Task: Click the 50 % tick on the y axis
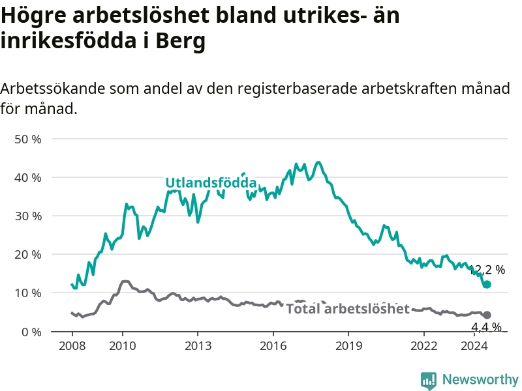(x=28, y=139)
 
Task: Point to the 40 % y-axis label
(x=28, y=177)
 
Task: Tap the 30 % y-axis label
(x=28, y=216)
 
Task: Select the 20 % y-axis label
(x=28, y=255)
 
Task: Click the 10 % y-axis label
(x=28, y=293)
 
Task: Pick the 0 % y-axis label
(x=31, y=332)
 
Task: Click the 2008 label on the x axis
(x=72, y=346)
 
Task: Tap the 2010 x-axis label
(x=123, y=346)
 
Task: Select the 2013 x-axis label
(x=198, y=346)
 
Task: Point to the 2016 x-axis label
(x=273, y=346)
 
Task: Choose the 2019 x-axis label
(x=348, y=346)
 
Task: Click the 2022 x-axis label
(x=423, y=346)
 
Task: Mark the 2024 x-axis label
(x=474, y=346)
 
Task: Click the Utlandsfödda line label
(x=211, y=183)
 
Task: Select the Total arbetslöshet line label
(x=348, y=309)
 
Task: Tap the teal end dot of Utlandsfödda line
(x=487, y=284)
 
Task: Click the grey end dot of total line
(x=487, y=315)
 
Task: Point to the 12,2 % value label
(x=487, y=270)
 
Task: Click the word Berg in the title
(x=181, y=41)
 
